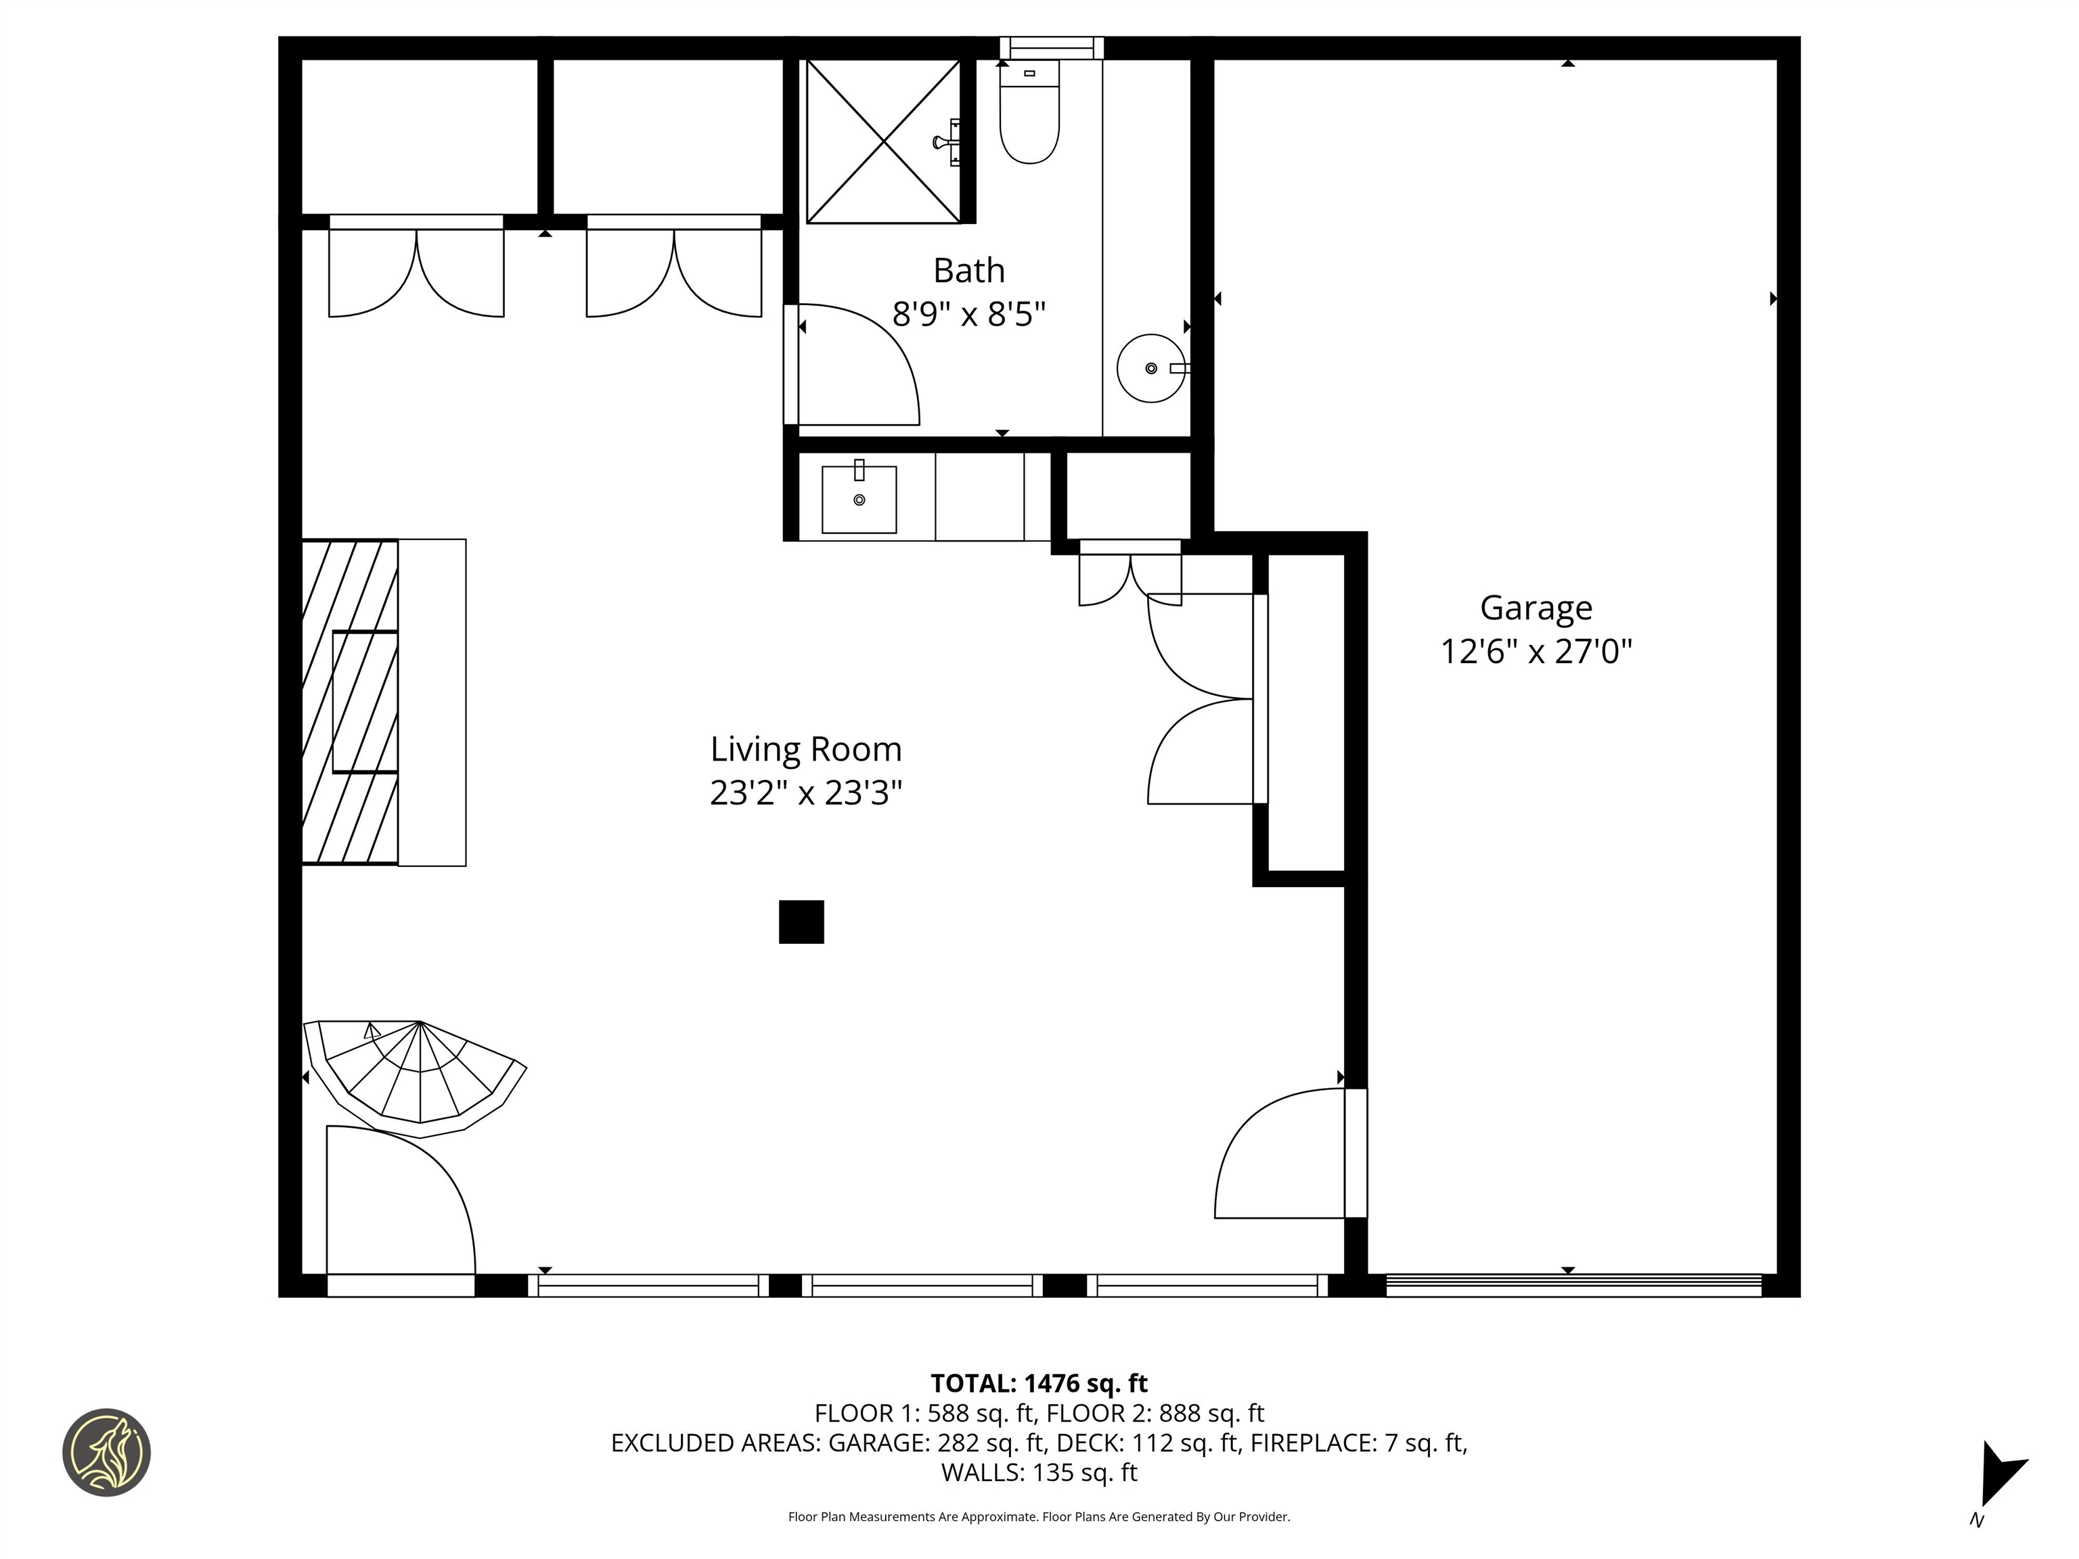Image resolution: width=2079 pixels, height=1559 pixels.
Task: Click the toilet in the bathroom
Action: [x=1029, y=118]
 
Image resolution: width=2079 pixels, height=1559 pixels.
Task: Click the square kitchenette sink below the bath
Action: [x=858, y=500]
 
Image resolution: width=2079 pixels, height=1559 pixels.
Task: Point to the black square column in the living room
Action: [x=801, y=922]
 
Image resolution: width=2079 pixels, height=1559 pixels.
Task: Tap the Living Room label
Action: [x=805, y=750]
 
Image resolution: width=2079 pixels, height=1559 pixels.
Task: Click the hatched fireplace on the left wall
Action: [x=350, y=702]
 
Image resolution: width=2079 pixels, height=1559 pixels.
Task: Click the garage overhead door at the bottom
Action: [x=1572, y=1286]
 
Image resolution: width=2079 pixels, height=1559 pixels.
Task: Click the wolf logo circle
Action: [x=106, y=1453]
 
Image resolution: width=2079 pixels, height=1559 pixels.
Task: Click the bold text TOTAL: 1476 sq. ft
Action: [x=1039, y=1383]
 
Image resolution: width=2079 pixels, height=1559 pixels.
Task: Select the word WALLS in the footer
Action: [x=982, y=1472]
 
